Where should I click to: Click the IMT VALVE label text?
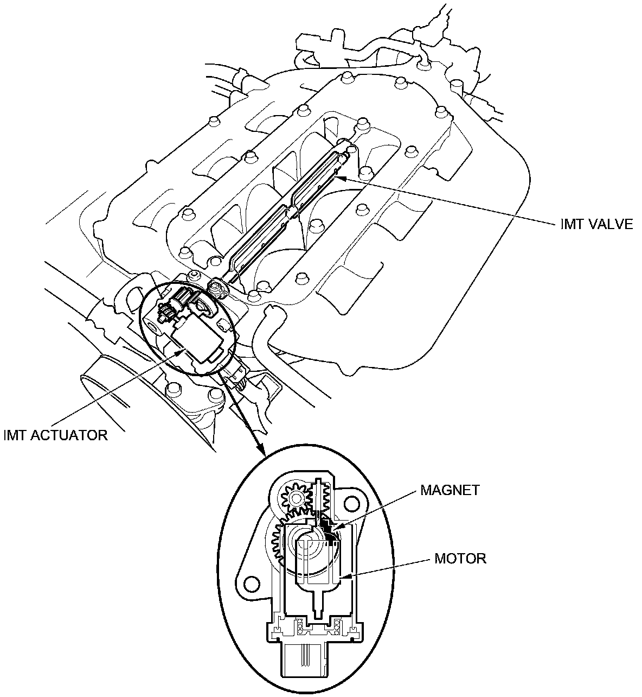pos(596,225)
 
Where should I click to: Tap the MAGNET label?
pos(450,490)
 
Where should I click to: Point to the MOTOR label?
pos(460,558)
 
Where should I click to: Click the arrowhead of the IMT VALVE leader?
pos(338,176)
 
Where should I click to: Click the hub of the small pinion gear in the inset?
pos(296,498)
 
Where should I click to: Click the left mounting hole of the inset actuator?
pos(250,584)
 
